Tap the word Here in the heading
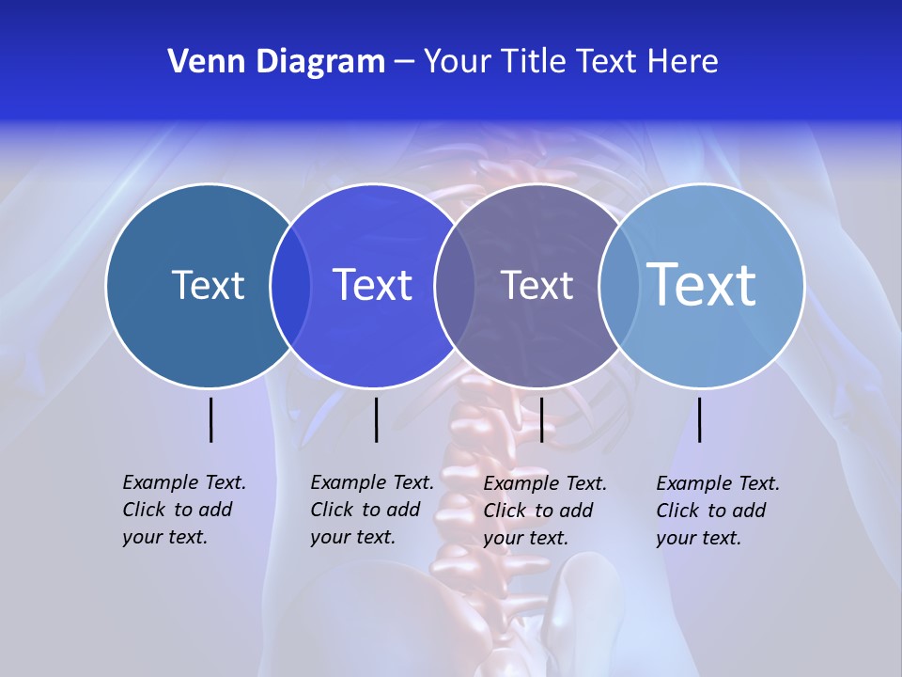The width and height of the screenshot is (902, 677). pos(682,62)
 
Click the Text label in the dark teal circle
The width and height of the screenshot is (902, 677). pos(208,285)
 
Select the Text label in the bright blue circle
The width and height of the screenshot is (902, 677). pos(372,285)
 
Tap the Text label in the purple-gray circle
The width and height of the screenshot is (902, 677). pos(537,285)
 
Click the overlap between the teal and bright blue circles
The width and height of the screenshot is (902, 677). pos(290,285)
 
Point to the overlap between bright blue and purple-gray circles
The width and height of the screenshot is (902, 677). pos(455,285)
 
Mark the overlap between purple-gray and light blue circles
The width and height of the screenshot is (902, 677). pos(619,285)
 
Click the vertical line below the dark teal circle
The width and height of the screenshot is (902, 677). pos(211,419)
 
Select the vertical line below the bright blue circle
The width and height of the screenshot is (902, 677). pos(376,419)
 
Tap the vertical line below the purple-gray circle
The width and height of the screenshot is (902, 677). pos(541,419)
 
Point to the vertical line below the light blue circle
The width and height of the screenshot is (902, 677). pos(699,419)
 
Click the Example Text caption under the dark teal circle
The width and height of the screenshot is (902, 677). pos(183,510)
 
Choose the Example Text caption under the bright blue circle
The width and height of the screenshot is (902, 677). pos(371,510)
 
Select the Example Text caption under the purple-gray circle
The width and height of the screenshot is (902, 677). pos(544,511)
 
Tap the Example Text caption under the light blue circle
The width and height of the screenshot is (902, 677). pos(717,511)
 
